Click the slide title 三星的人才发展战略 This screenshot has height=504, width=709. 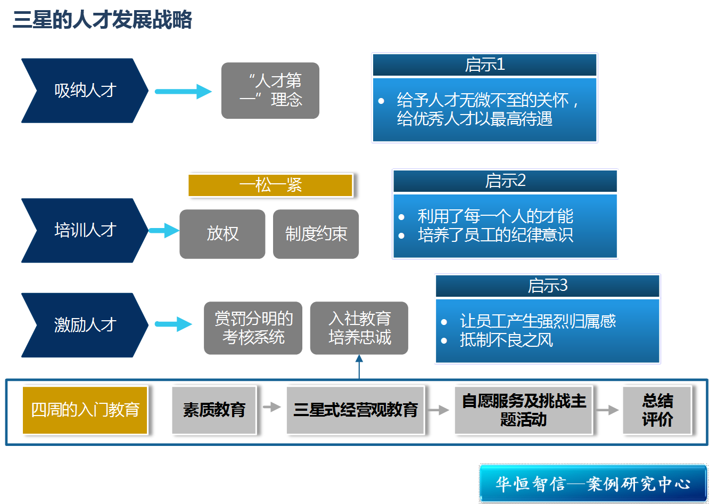point(102,20)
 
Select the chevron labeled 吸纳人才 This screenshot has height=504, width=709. point(84,91)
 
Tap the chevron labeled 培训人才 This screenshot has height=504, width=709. point(84,230)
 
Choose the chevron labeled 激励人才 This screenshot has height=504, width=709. point(84,324)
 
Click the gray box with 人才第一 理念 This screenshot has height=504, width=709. point(270,91)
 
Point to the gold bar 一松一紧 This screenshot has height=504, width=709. point(270,185)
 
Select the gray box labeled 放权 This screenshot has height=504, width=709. point(222,234)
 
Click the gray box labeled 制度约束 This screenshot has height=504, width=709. point(316,234)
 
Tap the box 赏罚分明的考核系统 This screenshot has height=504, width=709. point(253,328)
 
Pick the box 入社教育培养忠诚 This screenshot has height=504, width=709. point(359,328)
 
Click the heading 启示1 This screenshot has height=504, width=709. point(484,65)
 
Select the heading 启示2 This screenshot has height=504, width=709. point(505,181)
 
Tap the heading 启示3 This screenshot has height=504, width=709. point(547,286)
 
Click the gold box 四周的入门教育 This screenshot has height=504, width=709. point(85,410)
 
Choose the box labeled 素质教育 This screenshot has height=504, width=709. point(214,410)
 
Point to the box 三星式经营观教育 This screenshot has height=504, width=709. point(355,410)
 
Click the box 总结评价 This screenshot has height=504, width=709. point(657,410)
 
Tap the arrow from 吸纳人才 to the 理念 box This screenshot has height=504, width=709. point(183,92)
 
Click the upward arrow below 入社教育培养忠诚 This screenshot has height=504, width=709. point(359,367)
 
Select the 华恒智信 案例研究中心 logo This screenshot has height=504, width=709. point(593,484)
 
